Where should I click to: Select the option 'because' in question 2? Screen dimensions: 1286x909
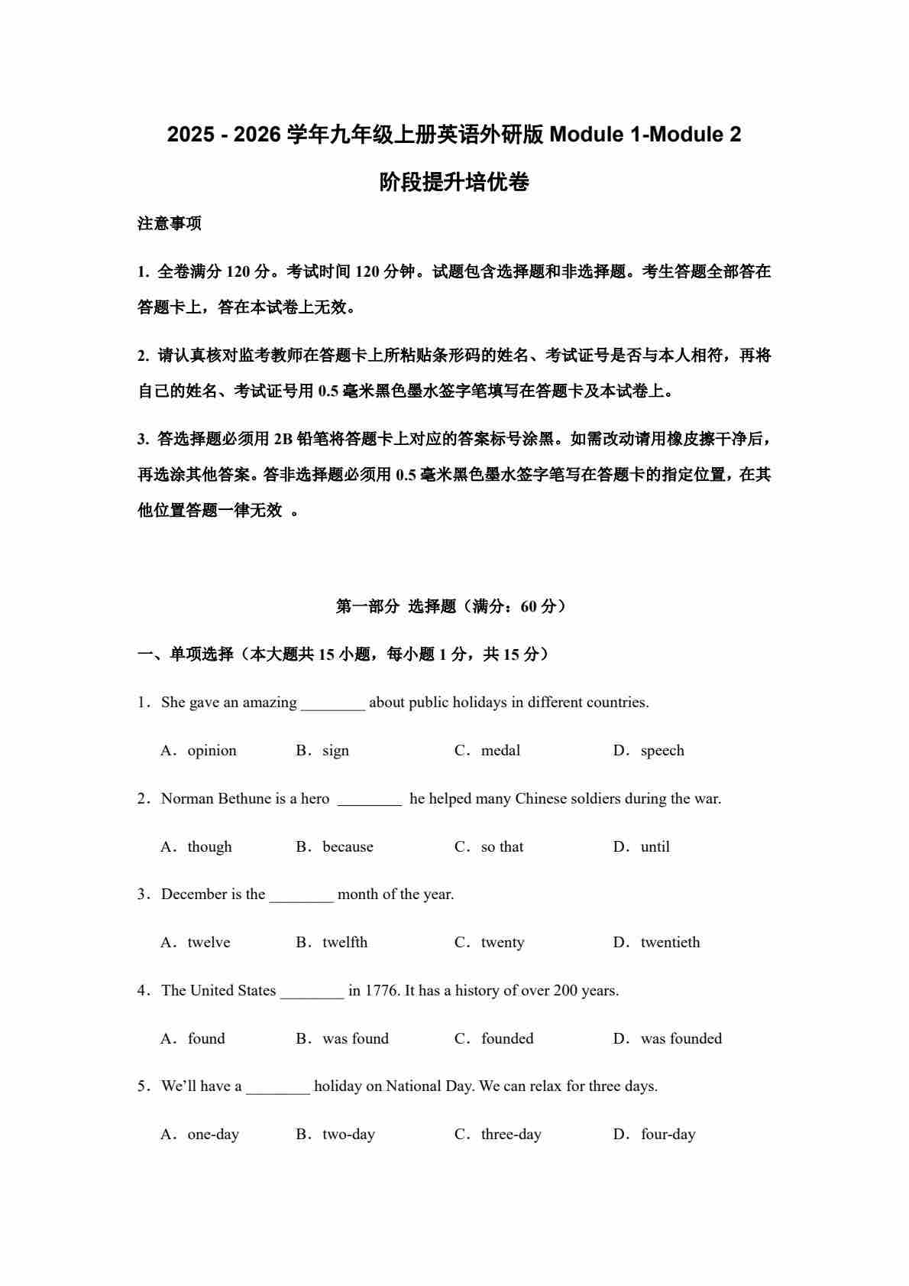(x=348, y=847)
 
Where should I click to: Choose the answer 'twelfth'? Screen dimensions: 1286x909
(x=345, y=943)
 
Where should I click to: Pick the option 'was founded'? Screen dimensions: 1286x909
(x=681, y=1039)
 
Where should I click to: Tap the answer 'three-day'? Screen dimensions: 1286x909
(x=510, y=1135)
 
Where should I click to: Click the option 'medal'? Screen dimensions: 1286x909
(x=500, y=751)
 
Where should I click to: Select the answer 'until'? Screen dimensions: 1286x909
(x=655, y=847)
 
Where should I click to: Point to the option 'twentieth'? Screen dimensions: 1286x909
(x=670, y=943)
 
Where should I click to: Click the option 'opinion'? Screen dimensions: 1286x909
(x=212, y=751)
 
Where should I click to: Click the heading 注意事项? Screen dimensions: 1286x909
(x=170, y=224)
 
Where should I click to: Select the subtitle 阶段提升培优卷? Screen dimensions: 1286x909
(x=454, y=183)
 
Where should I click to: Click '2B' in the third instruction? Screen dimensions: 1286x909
(x=283, y=439)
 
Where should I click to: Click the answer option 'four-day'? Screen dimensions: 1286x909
(x=668, y=1135)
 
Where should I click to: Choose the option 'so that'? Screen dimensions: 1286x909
(x=502, y=847)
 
